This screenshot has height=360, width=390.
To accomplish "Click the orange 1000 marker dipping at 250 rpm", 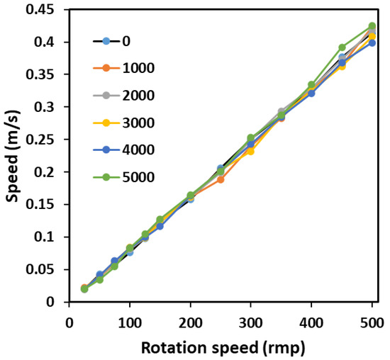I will (221, 179).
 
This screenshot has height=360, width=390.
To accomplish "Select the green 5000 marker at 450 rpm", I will (342, 47).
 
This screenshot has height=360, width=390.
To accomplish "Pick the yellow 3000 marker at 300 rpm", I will (250, 151).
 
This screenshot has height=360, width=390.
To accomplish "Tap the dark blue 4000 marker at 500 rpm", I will (372, 43).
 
